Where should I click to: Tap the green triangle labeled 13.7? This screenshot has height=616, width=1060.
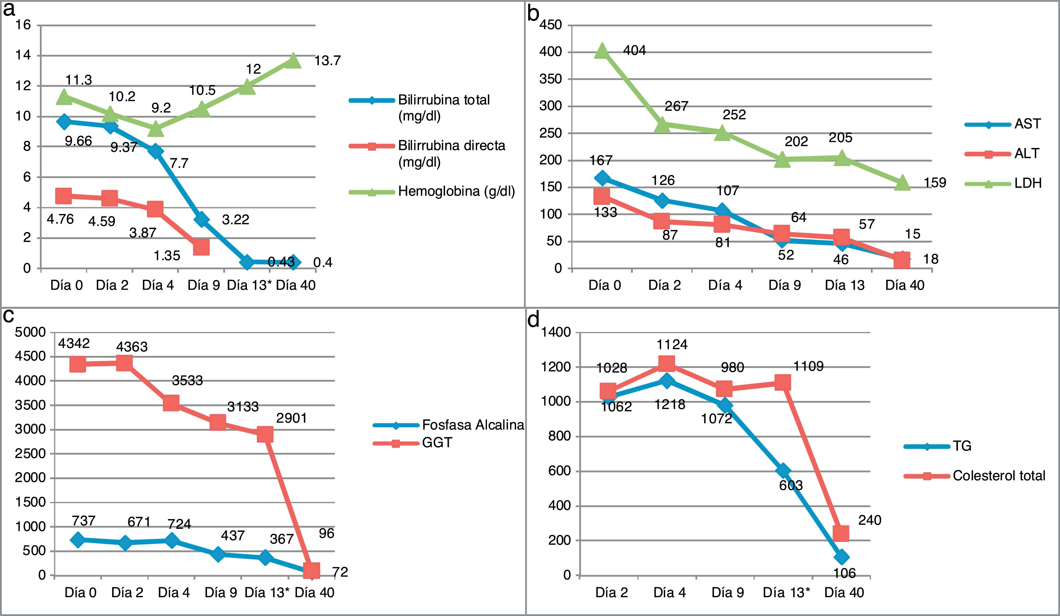point(293,61)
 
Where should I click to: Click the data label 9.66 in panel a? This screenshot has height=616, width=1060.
point(78,141)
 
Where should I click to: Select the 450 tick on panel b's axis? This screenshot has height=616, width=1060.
point(551,25)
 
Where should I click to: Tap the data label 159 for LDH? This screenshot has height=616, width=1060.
point(935,183)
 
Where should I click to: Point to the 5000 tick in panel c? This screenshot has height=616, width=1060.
point(30,333)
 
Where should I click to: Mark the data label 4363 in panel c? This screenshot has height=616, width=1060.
point(132,347)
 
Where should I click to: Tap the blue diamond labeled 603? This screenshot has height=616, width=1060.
point(783,470)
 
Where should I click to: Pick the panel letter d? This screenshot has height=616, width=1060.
point(533,321)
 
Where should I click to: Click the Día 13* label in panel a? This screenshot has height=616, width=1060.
point(250,285)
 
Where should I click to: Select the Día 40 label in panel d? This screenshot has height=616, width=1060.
point(844,593)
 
